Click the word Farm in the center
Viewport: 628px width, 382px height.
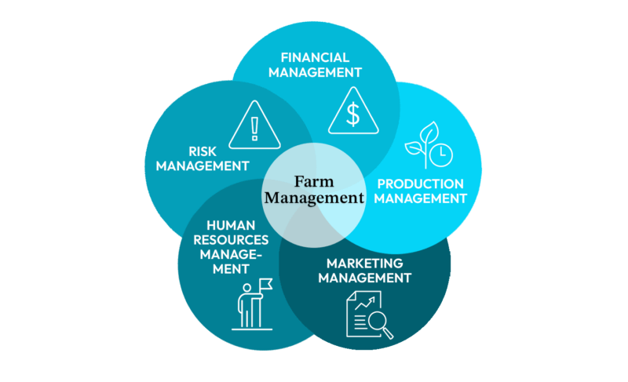pyautogui.click(x=314, y=182)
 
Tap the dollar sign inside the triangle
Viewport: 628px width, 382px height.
pyautogui.click(x=353, y=114)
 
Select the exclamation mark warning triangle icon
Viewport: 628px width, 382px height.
pyautogui.click(x=254, y=126)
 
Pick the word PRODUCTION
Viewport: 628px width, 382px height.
pyautogui.click(x=420, y=184)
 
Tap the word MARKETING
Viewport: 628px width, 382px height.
pyautogui.click(x=365, y=262)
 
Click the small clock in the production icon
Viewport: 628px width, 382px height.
pyautogui.click(x=443, y=154)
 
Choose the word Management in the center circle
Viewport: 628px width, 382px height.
pyautogui.click(x=314, y=198)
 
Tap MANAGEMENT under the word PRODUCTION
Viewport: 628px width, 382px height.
pyautogui.click(x=420, y=198)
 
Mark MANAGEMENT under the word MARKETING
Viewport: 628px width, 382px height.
pyautogui.click(x=365, y=277)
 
